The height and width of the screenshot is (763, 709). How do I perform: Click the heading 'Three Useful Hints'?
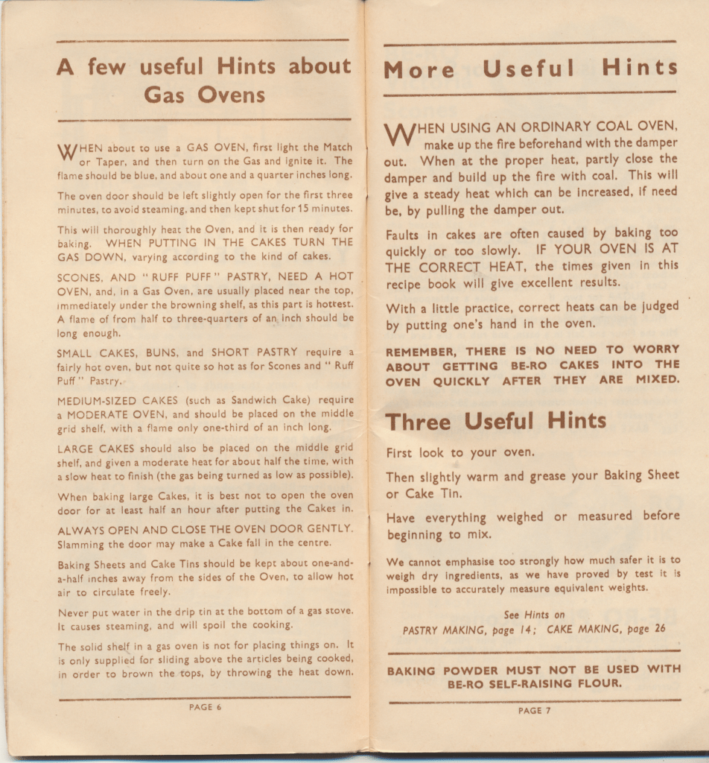click(496, 421)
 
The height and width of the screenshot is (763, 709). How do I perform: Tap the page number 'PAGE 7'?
click(534, 710)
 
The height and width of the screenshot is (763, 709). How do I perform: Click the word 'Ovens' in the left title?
click(232, 95)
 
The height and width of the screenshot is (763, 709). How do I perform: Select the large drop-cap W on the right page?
click(401, 135)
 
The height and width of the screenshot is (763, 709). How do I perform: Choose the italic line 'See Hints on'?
click(534, 615)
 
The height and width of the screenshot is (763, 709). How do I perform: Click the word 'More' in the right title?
click(419, 70)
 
